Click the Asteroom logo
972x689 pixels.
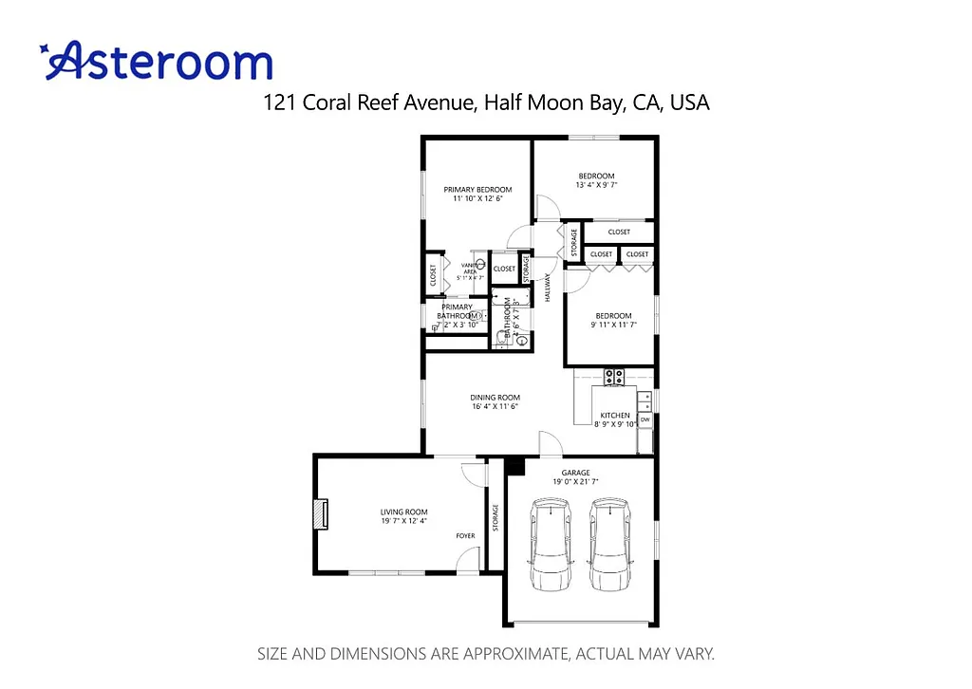coord(158,61)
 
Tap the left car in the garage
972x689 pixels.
coord(552,545)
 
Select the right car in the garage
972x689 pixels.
coord(609,545)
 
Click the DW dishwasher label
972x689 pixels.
coord(645,419)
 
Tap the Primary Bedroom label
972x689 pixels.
coord(477,190)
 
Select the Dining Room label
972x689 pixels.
coord(495,398)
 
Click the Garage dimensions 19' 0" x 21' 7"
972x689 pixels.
coord(575,482)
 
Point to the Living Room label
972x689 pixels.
coord(404,512)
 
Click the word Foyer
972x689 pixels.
coord(465,536)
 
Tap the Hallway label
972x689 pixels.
coord(548,288)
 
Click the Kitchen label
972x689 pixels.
coord(614,416)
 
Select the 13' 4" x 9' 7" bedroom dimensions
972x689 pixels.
coord(596,185)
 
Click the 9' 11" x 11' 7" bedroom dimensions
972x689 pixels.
coord(613,325)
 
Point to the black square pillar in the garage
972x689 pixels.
coord(514,465)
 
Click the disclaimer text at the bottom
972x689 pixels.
coord(486,654)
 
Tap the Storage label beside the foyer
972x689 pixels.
coord(495,517)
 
